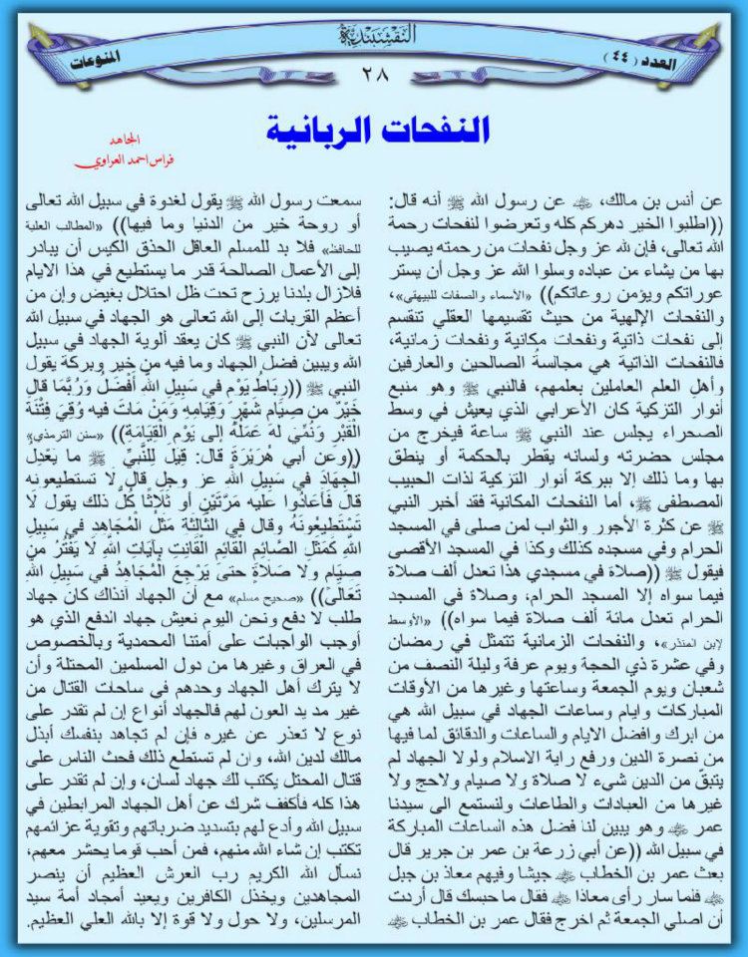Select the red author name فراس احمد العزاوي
[124, 159]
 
